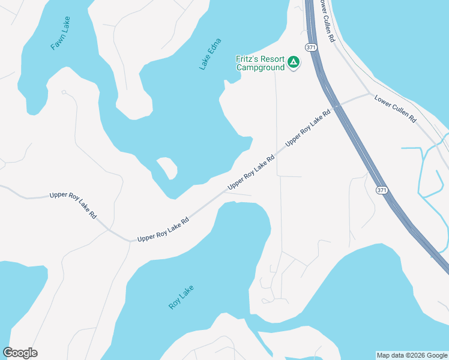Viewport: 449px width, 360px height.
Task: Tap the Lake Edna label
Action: [x=210, y=54]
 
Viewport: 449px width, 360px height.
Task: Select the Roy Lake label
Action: [x=181, y=296]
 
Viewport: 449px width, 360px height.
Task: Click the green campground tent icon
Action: [x=294, y=62]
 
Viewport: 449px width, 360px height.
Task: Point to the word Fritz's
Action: [x=247, y=59]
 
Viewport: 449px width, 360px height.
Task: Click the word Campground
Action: [x=260, y=68]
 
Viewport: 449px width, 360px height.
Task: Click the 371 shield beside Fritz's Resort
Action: [x=310, y=47]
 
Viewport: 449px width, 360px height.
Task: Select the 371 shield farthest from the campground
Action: [x=382, y=190]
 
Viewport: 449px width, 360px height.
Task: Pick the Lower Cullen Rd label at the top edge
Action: [x=327, y=21]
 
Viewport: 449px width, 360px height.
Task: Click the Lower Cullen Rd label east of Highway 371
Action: [x=395, y=109]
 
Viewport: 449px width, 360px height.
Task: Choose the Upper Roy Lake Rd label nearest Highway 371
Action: [x=309, y=128]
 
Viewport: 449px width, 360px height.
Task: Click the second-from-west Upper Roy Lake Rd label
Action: [x=163, y=229]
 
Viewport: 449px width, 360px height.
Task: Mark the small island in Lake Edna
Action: [x=167, y=167]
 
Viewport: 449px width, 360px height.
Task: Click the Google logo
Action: [x=20, y=353]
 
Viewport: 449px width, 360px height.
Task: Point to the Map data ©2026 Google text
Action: [x=412, y=355]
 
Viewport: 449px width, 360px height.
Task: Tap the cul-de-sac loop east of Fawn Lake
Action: [x=64, y=92]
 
